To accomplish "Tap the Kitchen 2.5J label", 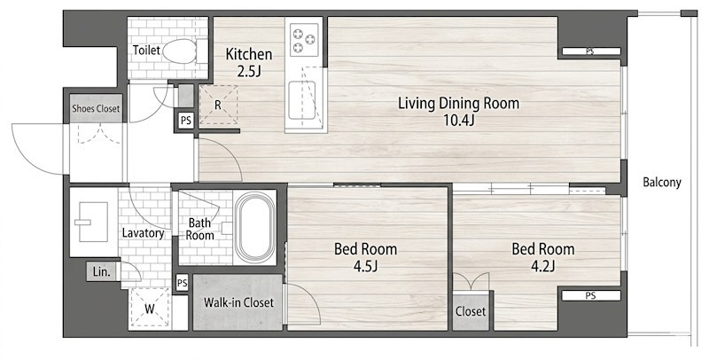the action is coord(249,62).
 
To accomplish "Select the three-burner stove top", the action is coord(304,39).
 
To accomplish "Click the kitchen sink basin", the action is coord(302,100).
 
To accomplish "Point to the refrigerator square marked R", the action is coord(218,105).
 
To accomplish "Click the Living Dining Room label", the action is coord(458,111).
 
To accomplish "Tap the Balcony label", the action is coord(661,183).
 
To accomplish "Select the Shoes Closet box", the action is coord(96,108).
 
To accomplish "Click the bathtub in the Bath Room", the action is coord(255,228).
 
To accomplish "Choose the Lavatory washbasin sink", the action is coord(94,222).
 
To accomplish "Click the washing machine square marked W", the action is coord(150,308).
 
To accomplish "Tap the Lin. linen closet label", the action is coord(101,273).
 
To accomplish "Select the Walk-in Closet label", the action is coord(238,302).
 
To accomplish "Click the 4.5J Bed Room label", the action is coord(365,257).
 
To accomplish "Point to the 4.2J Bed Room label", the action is coord(543,257).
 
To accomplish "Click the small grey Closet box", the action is coord(471,312).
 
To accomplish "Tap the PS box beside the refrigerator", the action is coord(186,121).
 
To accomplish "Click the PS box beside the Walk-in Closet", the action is coord(183,284).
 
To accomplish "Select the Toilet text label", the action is coord(146,51).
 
